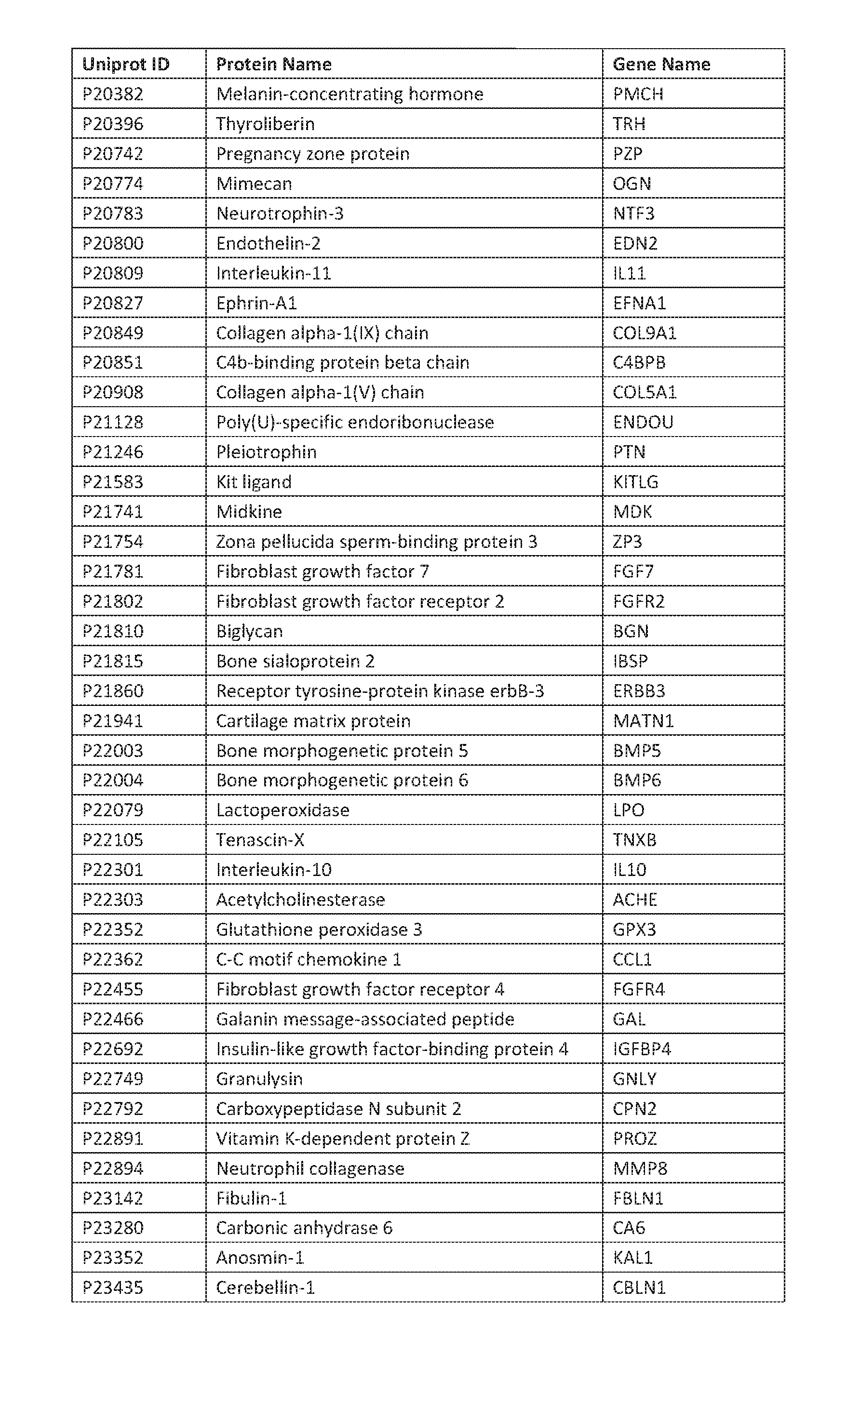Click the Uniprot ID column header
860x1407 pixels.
click(126, 64)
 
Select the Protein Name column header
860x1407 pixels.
click(274, 64)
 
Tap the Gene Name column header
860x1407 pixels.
click(661, 64)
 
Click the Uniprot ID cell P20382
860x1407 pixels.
click(113, 93)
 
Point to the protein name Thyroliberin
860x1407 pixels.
click(265, 124)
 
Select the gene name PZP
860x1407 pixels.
click(628, 154)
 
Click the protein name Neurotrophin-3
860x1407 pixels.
click(280, 213)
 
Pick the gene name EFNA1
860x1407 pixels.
click(639, 303)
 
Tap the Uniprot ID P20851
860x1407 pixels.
click(113, 363)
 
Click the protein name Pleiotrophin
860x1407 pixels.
click(266, 452)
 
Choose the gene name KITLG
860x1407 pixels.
click(635, 482)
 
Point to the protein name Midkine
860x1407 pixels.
click(249, 512)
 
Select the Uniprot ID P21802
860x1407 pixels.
click(113, 601)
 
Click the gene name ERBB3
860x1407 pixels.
click(639, 691)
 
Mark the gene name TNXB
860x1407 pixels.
click(634, 840)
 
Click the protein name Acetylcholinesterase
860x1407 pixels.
click(300, 900)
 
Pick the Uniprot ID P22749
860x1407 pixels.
click(113, 1079)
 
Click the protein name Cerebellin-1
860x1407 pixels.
click(265, 1288)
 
